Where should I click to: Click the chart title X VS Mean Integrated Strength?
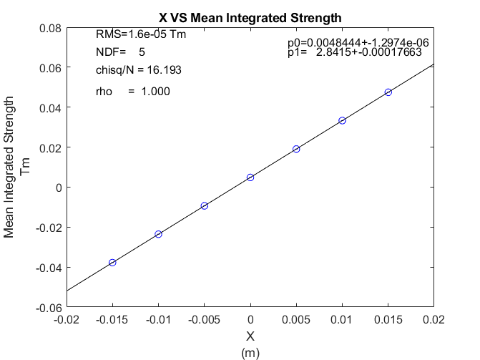coord(250,16)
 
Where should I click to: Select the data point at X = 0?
coord(250,177)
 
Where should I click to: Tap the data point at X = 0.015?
coord(388,92)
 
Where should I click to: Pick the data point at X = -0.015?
coord(112,263)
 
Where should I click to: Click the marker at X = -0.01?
coord(158,234)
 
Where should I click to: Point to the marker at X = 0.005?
coord(296,149)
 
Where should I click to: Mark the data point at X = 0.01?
coord(342,120)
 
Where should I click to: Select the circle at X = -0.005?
coord(205,205)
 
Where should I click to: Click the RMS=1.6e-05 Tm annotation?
coord(141,34)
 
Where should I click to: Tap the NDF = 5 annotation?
coord(120,52)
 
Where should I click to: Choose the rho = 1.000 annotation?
coord(132,91)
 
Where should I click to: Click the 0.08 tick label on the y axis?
coord(49,28)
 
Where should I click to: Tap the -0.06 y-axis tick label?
coord(47,308)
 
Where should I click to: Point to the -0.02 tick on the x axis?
coord(67,319)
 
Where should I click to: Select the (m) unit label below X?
coord(250,352)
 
